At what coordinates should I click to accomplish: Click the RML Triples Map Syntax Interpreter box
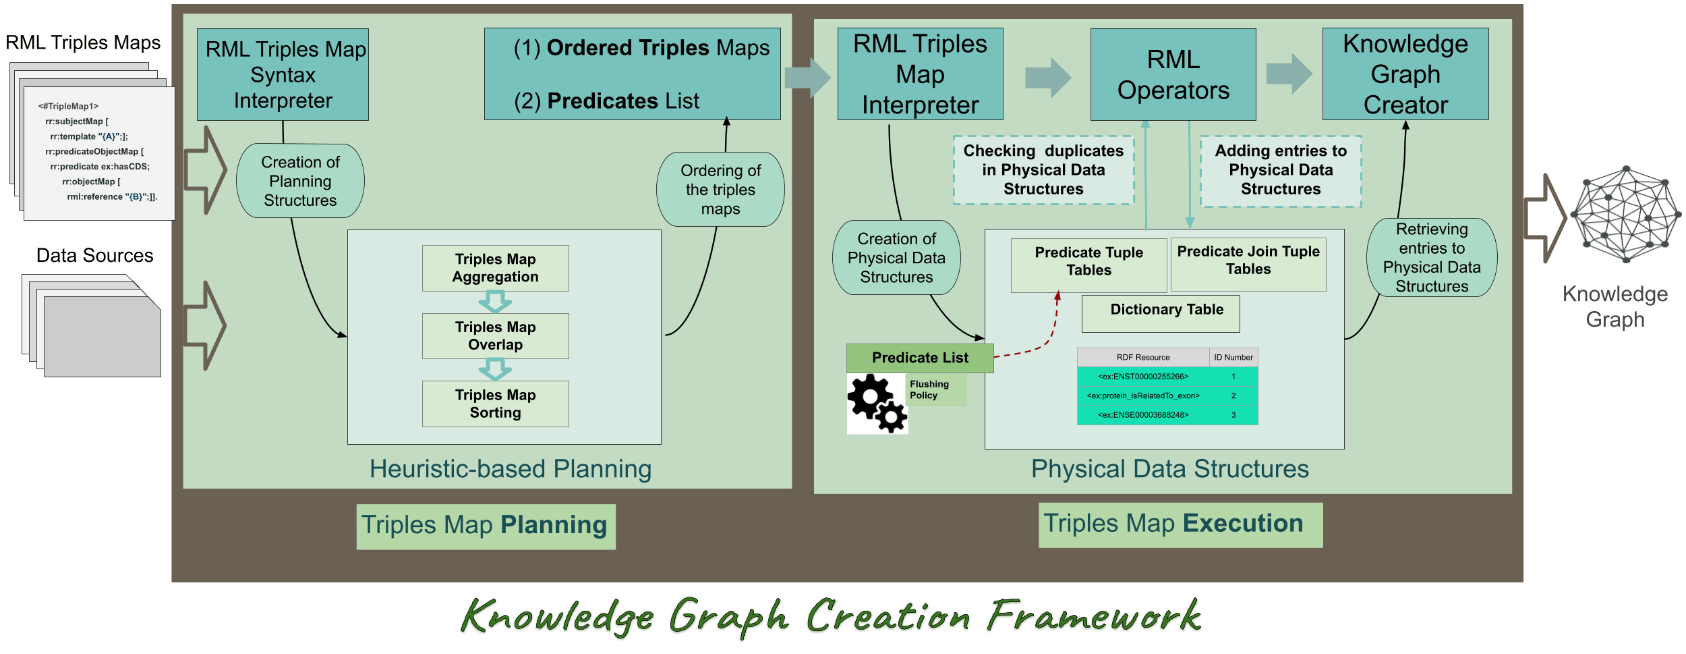click(x=283, y=74)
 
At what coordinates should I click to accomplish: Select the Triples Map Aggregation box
click(x=495, y=268)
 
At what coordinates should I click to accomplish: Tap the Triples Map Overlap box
click(x=495, y=335)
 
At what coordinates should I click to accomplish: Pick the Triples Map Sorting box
click(x=495, y=404)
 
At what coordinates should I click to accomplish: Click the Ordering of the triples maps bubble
click(x=720, y=189)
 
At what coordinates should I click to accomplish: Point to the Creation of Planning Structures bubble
click(x=300, y=181)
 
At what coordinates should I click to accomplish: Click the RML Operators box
click(x=1173, y=74)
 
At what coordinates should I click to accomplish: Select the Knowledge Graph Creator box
click(x=1405, y=74)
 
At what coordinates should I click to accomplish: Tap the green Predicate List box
click(x=920, y=358)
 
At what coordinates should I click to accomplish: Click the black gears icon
click(x=877, y=404)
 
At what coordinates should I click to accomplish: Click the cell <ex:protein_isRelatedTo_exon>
click(x=1143, y=396)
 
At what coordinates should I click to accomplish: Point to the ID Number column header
click(x=1233, y=357)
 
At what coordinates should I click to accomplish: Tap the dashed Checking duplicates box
click(x=1043, y=170)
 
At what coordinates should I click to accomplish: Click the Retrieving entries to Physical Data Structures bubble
click(x=1432, y=257)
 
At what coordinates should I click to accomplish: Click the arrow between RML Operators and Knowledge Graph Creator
click(x=1289, y=74)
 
